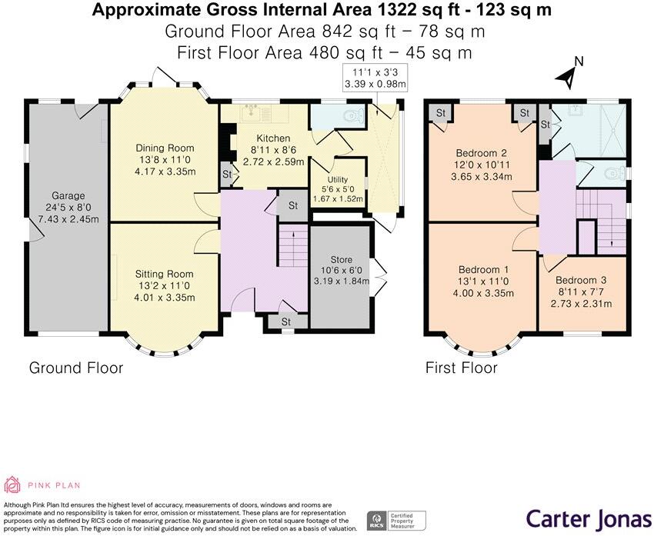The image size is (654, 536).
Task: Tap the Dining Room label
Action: pyautogui.click(x=165, y=148)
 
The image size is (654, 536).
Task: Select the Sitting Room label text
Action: pyautogui.click(x=165, y=274)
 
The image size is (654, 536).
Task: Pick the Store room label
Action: pyautogui.click(x=340, y=259)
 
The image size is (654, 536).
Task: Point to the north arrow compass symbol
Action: pyautogui.click(x=570, y=74)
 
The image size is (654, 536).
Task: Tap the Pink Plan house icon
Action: pyautogui.click(x=12, y=484)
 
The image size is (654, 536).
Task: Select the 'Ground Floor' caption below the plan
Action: pyautogui.click(x=75, y=368)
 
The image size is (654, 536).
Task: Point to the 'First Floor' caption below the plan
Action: pyautogui.click(x=461, y=368)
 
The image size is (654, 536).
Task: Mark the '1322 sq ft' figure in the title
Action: pyautogui.click(x=438, y=10)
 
